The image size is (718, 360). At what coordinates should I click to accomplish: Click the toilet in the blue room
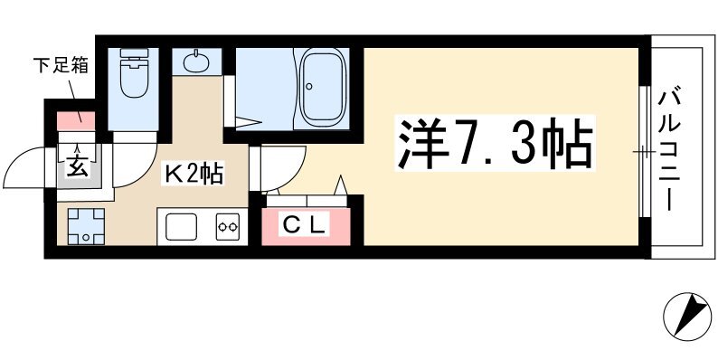tap(134, 73)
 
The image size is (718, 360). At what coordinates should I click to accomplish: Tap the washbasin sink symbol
tap(196, 62)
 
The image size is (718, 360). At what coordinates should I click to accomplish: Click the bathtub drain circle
tap(309, 86)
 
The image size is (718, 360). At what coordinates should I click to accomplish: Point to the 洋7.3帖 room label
tap(495, 143)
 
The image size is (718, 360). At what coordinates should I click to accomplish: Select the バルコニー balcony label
tap(668, 151)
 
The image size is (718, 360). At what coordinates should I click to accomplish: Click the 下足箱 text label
tap(61, 66)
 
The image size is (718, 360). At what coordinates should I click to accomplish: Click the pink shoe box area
tap(76, 121)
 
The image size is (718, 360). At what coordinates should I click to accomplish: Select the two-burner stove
tap(228, 226)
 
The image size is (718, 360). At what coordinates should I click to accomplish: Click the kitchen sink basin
tap(182, 226)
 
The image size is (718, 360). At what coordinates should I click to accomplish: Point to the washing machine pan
tap(86, 226)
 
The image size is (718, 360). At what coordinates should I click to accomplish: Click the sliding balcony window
tap(645, 151)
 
